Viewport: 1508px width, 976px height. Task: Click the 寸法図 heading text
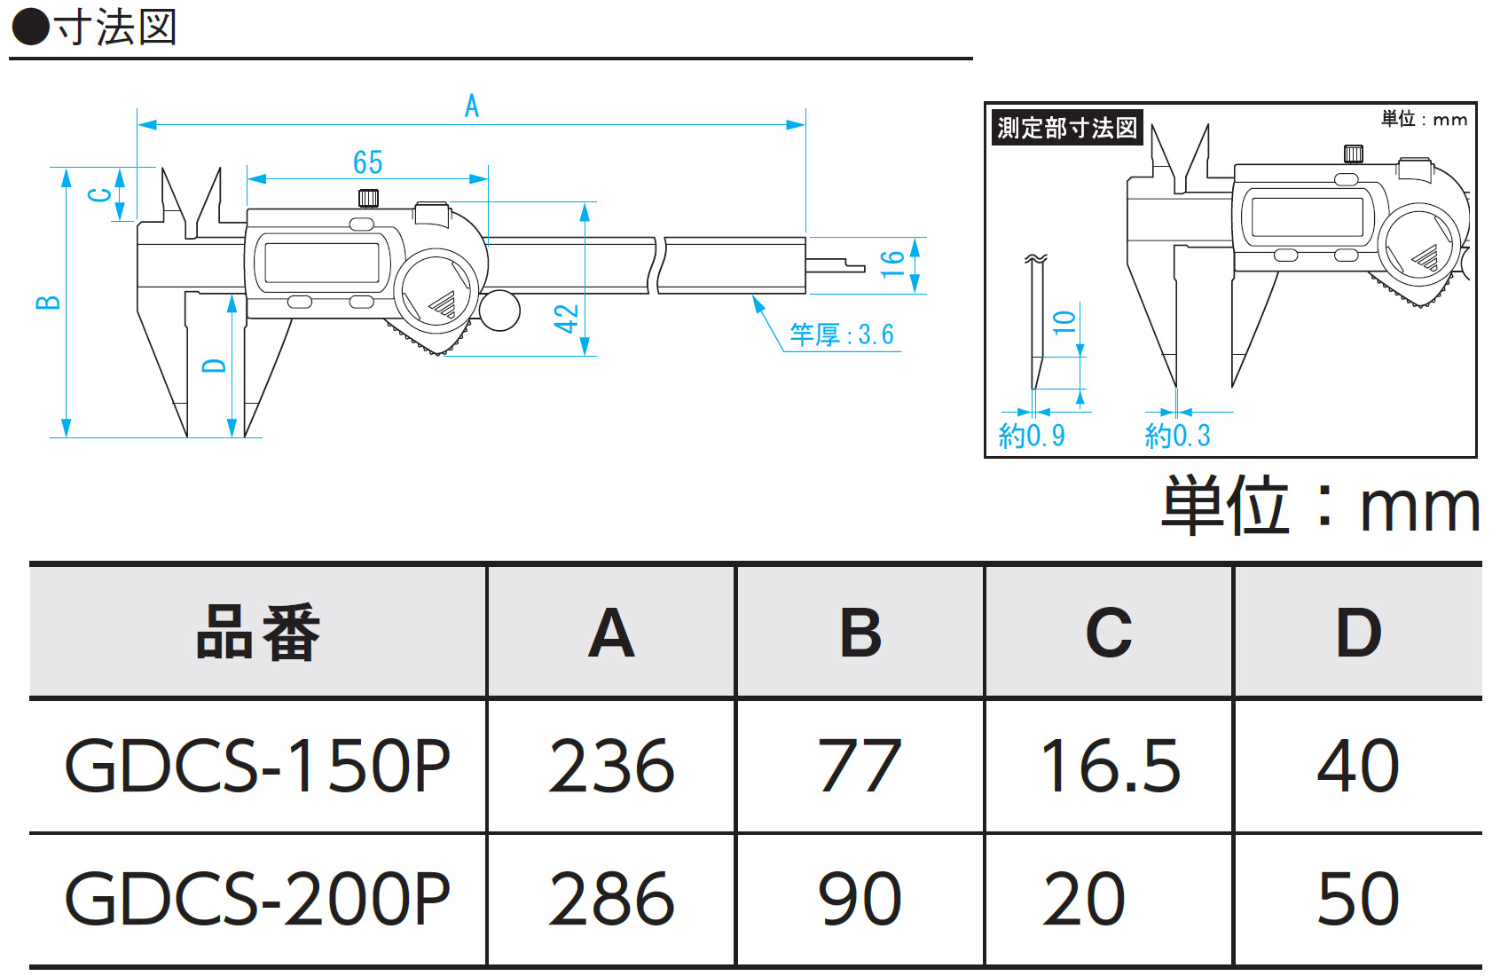pos(115,28)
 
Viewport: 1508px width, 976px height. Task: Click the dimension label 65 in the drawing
pos(367,162)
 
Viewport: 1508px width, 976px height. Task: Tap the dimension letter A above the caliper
pos(472,106)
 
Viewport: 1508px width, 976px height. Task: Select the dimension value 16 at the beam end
pos(891,264)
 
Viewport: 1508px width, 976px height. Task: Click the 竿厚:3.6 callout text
pos(842,335)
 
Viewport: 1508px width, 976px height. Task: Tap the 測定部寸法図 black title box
pos(1066,128)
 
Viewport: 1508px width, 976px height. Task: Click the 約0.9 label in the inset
pos(1032,436)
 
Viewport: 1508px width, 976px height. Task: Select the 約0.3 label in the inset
pos(1177,436)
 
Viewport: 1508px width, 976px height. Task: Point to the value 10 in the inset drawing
pos(1064,322)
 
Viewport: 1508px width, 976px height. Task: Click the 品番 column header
pos(257,634)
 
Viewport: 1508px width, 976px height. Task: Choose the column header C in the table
pos(1109,634)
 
